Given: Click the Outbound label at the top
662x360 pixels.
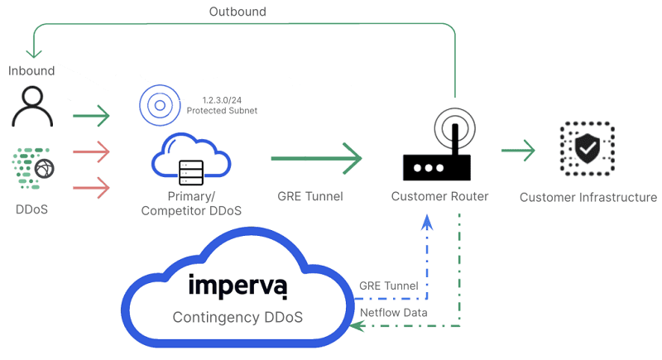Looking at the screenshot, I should (237, 12).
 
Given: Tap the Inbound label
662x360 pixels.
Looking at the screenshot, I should (31, 70).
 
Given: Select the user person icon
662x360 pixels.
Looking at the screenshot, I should (32, 108).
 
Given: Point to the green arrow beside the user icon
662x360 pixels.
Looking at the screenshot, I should (91, 116).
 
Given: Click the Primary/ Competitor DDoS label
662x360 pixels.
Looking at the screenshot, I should (191, 204).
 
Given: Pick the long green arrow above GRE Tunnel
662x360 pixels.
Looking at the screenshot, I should (317, 156).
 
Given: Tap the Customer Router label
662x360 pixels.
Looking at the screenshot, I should (439, 197).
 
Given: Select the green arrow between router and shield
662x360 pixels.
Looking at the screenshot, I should (518, 151).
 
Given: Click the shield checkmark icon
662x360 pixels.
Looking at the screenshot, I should (588, 150).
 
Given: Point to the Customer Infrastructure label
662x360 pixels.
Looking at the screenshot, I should (588, 197).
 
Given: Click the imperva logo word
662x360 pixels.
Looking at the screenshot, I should (237, 286).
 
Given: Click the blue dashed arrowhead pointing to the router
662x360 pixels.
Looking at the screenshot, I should (427, 222).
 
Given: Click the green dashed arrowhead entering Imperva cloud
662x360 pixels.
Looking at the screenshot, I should (357, 326).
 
